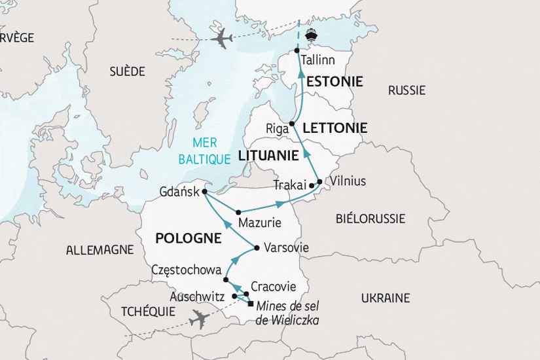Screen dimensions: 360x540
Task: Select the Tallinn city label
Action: [x=318, y=60]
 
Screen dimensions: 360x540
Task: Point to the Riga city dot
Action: [x=292, y=124]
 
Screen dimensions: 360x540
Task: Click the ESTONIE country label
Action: [x=334, y=82]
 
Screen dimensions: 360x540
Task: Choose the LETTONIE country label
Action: [x=335, y=128]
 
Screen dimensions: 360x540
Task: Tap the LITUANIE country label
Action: [x=268, y=156]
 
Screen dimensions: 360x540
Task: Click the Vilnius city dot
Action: [x=319, y=181]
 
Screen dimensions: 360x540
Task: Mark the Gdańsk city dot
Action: [x=205, y=192]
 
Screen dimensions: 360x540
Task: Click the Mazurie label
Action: [x=260, y=223]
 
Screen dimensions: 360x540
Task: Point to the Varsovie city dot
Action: [x=257, y=248]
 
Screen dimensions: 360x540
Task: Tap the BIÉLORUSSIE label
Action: [x=370, y=219]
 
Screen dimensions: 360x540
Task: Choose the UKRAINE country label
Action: [x=386, y=298]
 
